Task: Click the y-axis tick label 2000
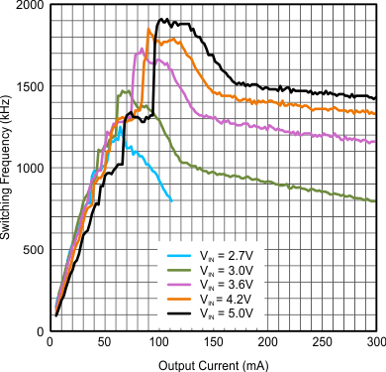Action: (x=31, y=6)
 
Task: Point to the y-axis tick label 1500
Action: (x=31, y=87)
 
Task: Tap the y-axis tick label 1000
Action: (x=31, y=169)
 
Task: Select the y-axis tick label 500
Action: (x=35, y=250)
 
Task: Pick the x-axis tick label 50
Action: (x=104, y=343)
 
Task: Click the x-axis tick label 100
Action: (x=158, y=343)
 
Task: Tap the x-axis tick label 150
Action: (x=213, y=343)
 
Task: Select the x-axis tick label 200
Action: (x=267, y=343)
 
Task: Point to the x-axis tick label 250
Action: (x=322, y=343)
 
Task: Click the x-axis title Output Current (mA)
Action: (x=213, y=363)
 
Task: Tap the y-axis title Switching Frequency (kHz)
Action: (x=8, y=169)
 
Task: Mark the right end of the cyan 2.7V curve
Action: (x=171, y=200)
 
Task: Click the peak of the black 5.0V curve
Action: (x=161, y=19)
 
